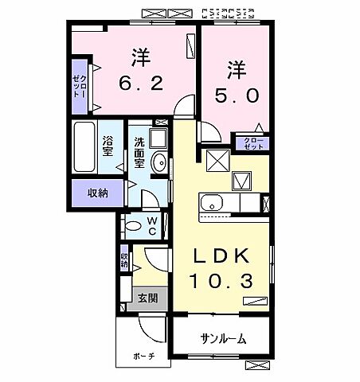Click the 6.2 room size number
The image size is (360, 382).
point(142,83)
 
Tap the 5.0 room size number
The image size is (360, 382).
point(237,94)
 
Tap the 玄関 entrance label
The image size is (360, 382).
point(147,298)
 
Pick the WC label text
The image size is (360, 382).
point(151,225)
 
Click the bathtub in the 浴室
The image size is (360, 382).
point(85,147)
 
